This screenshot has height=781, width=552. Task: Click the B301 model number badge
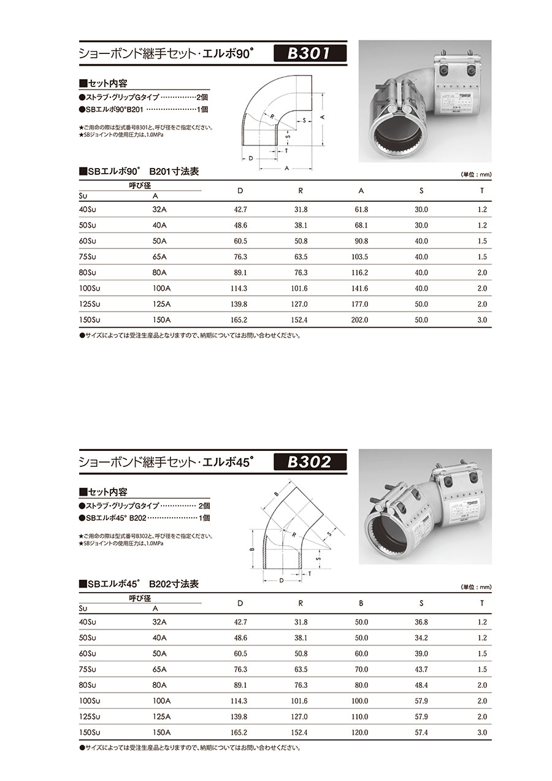pos(310,53)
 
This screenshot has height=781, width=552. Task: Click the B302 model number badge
pos(310,462)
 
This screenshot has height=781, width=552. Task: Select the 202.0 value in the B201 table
pos(361,320)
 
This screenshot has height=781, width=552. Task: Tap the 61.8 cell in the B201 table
pos(361,210)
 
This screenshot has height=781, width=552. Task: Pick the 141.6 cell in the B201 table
pos(361,288)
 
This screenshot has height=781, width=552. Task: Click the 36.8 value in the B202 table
pos(421,622)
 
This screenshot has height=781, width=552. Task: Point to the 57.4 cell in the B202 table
pos(421,732)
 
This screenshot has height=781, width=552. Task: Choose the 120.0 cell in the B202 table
pos(361,732)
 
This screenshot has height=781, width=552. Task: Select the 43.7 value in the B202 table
pos(421,669)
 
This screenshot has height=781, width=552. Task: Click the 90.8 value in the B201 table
pos(361,241)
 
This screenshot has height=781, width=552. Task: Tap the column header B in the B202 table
pos(361,603)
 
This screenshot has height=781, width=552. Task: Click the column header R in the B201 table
pos(301,191)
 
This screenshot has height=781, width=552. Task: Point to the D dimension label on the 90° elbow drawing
pos(250,158)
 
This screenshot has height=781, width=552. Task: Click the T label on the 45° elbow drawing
pos(310,574)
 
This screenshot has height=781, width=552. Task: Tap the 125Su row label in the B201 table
pos(90,304)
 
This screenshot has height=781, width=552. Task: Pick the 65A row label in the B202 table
pos(159,669)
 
